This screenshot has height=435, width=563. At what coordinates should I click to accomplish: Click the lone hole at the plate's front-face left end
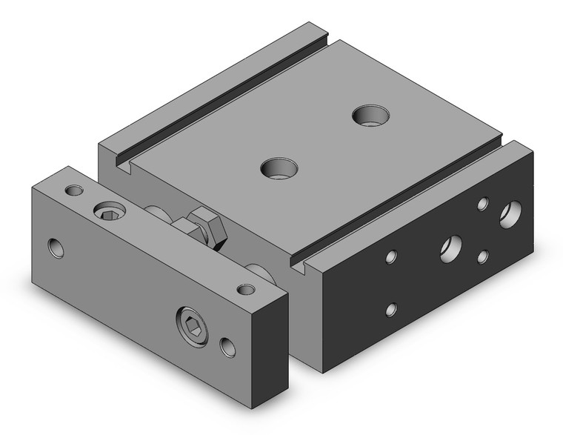[56, 248]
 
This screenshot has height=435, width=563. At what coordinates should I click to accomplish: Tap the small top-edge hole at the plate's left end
[73, 190]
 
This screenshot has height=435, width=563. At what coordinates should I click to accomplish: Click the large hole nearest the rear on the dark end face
[509, 215]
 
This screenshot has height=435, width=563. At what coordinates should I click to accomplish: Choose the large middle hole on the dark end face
[450, 247]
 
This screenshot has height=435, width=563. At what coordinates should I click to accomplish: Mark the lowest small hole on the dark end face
[392, 309]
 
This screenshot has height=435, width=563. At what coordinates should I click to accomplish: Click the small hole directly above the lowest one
[391, 256]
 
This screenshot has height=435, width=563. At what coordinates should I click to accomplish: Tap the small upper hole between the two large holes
[483, 204]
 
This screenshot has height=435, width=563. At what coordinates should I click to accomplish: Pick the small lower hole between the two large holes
[483, 256]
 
